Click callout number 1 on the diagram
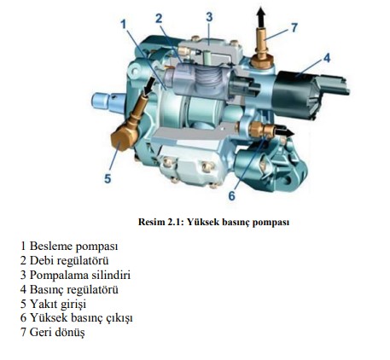(123, 25)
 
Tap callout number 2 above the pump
(159, 19)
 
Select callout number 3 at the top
(209, 17)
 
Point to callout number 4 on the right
(327, 58)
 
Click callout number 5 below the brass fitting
(108, 178)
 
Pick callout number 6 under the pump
(232, 196)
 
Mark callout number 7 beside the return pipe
(294, 27)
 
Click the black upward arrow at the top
(260, 18)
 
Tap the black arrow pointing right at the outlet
(284, 131)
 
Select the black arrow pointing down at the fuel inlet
(149, 86)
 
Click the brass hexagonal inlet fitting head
(124, 138)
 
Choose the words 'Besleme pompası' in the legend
(73, 247)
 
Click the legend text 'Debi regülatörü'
(69, 261)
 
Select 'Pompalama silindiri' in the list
(80, 276)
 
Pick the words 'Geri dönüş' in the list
(57, 332)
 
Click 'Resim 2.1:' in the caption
(160, 222)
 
